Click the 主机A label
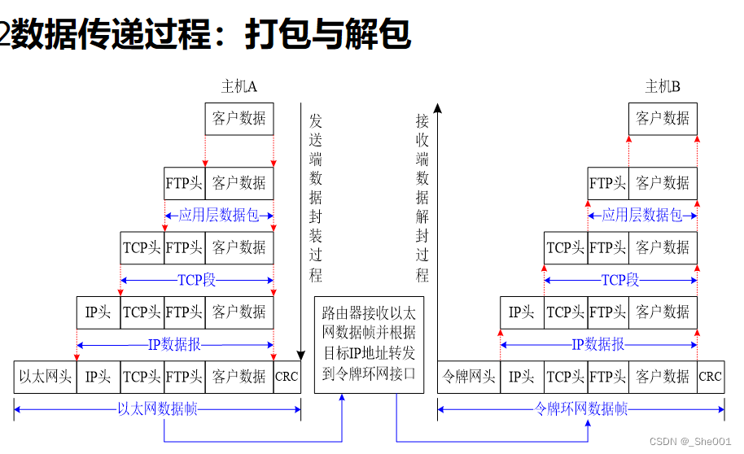tap(239, 87)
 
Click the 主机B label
tap(663, 87)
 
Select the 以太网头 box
tap(46, 377)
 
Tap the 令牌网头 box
tap(469, 377)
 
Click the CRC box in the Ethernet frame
tap(287, 377)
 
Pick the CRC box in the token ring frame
tap(710, 377)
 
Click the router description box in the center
tap(369, 344)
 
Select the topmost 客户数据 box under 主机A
tap(239, 119)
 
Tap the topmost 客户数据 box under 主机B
tap(663, 119)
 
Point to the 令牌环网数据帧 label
tap(581, 409)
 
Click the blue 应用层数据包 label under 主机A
tap(217, 216)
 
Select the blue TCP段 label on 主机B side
tap(620, 281)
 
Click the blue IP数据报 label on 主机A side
tap(174, 345)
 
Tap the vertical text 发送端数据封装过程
tap(316, 198)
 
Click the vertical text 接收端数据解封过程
tap(422, 198)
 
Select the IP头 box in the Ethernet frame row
tap(98, 377)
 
